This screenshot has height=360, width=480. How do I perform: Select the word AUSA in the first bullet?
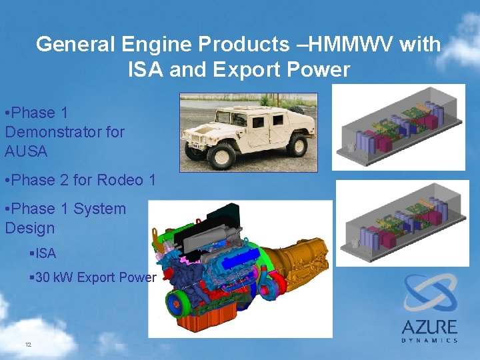(x=26, y=151)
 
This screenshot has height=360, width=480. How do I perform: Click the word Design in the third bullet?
(x=29, y=228)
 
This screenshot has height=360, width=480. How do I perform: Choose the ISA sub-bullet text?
(x=46, y=253)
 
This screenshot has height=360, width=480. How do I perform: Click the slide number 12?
(x=28, y=345)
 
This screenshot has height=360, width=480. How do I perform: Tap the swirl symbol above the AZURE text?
(x=429, y=293)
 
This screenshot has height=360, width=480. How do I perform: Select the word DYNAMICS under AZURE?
(x=429, y=341)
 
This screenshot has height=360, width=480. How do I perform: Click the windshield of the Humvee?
(x=231, y=116)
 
